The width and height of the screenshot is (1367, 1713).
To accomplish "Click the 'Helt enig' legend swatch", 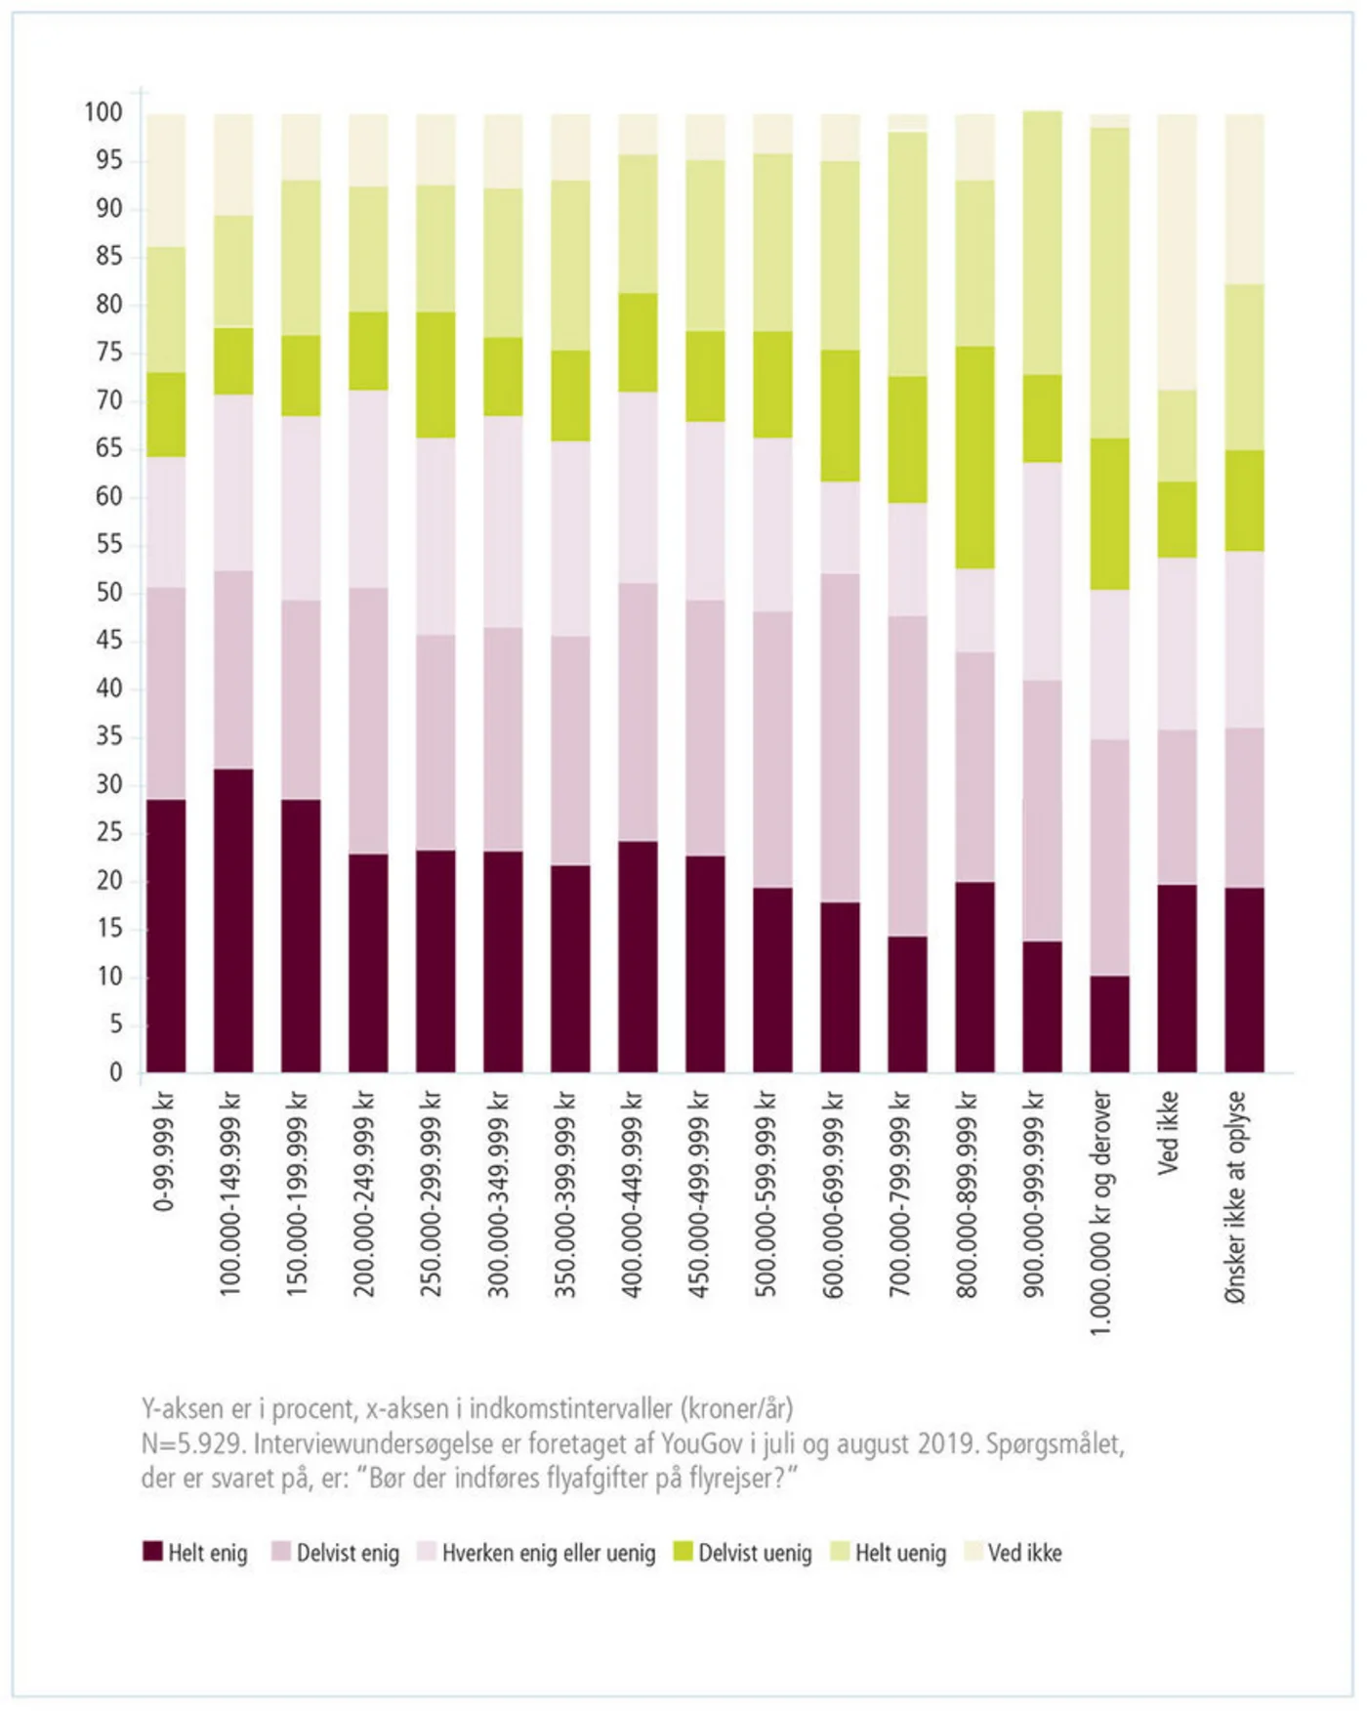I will point(152,1552).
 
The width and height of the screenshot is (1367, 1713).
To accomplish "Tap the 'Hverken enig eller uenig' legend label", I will point(548,1553).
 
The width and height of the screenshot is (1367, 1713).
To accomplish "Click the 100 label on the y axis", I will point(104,112).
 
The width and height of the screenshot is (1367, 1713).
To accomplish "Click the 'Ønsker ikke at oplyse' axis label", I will point(1235,1197).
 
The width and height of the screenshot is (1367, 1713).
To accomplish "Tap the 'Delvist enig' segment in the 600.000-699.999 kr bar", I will point(840,737).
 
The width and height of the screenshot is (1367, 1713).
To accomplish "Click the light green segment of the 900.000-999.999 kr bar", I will point(1042,243).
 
